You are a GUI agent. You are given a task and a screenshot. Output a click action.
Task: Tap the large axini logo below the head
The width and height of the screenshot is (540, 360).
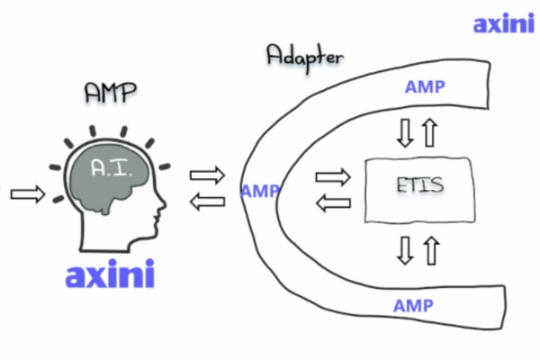click(x=110, y=274)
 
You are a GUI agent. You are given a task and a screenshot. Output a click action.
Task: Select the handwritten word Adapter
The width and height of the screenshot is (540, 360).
click(x=304, y=56)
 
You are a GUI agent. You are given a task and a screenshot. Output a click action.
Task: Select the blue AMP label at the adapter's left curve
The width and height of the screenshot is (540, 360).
click(x=260, y=191)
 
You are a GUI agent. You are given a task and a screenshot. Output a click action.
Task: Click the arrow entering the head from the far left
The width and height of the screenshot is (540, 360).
click(x=26, y=193)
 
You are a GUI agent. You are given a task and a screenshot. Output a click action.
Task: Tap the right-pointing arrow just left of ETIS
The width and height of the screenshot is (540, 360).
click(x=334, y=175)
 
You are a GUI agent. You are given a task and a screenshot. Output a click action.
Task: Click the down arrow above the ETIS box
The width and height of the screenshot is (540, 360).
click(x=405, y=133)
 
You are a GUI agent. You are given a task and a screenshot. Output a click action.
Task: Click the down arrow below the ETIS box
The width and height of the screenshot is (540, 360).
click(x=405, y=250)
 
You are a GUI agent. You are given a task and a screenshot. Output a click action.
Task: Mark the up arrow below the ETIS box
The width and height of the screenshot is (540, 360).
click(x=429, y=250)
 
